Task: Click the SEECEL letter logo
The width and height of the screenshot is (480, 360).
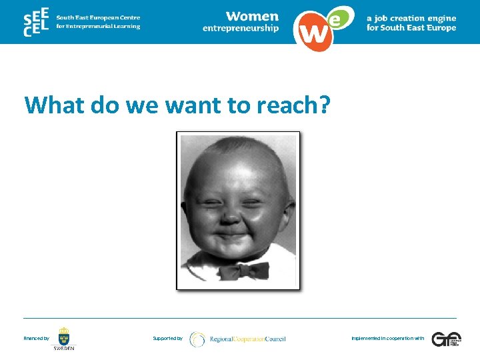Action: (x=35, y=22)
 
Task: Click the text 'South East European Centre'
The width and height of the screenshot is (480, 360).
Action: (x=98, y=17)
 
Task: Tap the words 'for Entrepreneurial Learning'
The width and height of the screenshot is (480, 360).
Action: (x=98, y=27)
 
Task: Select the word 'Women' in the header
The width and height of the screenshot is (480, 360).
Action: (x=252, y=16)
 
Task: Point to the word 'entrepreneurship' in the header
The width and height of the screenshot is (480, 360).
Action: (x=241, y=28)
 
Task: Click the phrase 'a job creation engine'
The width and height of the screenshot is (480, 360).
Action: (x=411, y=18)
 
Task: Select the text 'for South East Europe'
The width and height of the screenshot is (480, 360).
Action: (x=411, y=28)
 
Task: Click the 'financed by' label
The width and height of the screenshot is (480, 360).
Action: (x=36, y=339)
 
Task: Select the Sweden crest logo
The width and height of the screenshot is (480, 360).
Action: (x=64, y=337)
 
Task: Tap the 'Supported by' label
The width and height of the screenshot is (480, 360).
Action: (x=167, y=339)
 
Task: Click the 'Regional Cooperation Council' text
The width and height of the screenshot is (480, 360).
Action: (x=247, y=339)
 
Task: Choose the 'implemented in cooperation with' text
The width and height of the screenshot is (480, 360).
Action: (x=387, y=339)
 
